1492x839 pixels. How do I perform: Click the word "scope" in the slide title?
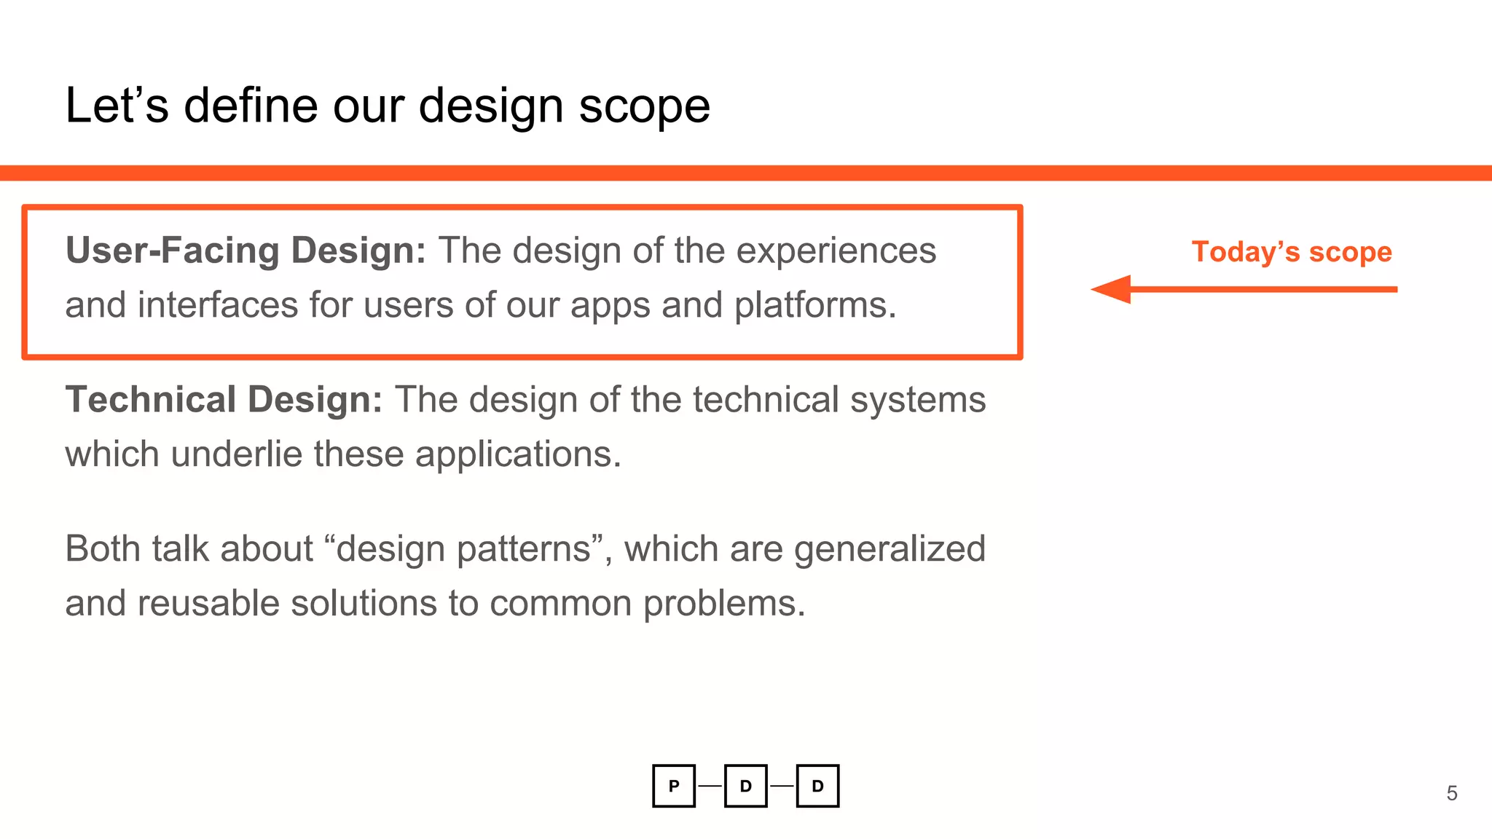pos(644,107)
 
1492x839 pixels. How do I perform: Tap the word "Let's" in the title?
pos(117,106)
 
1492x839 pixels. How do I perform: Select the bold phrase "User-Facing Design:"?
pos(246,251)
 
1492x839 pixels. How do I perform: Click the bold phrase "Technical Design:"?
pos(224,400)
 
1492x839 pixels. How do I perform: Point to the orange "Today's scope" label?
pos(1291,252)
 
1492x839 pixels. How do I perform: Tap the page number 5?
pos(1451,793)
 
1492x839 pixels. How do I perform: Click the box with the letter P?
pos(674,786)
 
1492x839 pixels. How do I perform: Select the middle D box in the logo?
pos(745,786)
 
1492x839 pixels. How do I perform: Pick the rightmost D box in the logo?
pos(817,786)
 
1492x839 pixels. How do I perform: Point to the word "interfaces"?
pos(218,305)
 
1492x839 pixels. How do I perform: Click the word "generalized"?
pos(890,549)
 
